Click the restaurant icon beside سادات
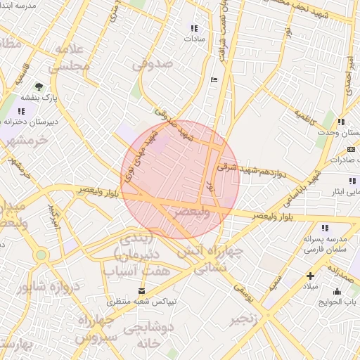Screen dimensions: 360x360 193,29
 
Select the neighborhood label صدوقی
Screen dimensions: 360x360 151,65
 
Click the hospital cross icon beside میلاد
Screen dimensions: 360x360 311,276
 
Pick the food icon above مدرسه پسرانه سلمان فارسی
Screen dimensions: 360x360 324,228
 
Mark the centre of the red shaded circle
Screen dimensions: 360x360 181,179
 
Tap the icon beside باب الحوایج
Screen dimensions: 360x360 336,292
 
